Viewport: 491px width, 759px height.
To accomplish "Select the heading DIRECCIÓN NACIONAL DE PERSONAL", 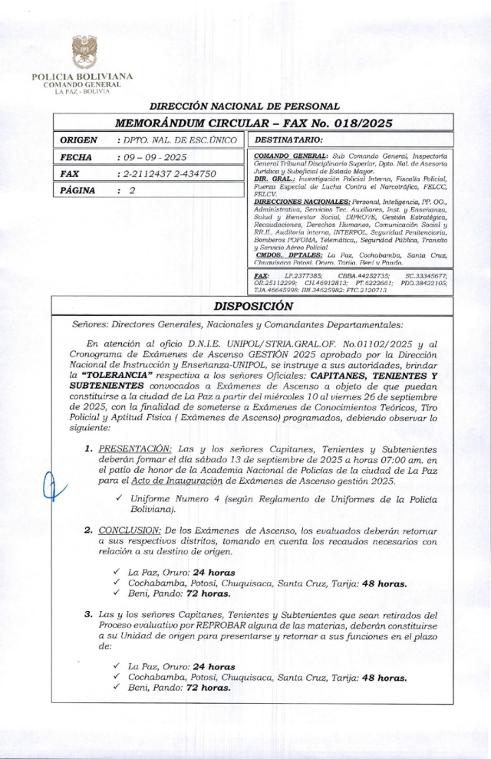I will tap(244, 107).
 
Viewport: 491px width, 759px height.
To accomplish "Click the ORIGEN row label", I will tap(78, 140).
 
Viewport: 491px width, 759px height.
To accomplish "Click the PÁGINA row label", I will tap(77, 190).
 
